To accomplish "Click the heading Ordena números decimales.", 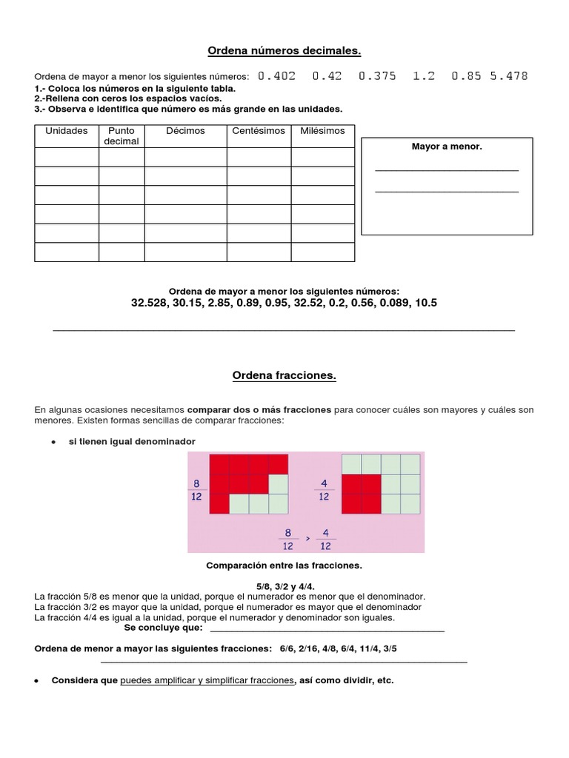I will [284, 50].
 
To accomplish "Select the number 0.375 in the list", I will [377, 76].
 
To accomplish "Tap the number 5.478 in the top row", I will [509, 76].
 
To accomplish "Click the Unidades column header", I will [67, 131].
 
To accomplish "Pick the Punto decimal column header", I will [122, 136].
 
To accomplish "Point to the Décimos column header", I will [185, 131].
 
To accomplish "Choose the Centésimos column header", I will [259, 131].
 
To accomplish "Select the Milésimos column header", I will [322, 131].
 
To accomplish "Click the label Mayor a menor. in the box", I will [447, 147].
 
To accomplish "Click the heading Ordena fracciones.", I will [284, 376].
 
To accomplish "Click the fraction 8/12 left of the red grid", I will [197, 490].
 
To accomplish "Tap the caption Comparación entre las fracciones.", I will [284, 566].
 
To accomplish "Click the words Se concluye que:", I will [163, 628].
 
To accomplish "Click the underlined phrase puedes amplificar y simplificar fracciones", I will [207, 681].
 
